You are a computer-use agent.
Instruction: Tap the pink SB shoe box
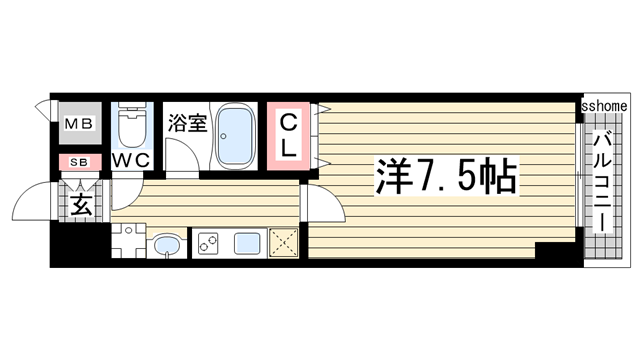pyautogui.click(x=78, y=160)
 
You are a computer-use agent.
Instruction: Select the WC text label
pyautogui.click(x=130, y=160)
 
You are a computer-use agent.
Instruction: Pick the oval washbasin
pyautogui.click(x=167, y=244)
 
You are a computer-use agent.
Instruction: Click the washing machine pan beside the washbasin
pyautogui.click(x=127, y=242)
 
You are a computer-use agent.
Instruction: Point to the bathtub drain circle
pyautogui.click(x=237, y=157)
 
